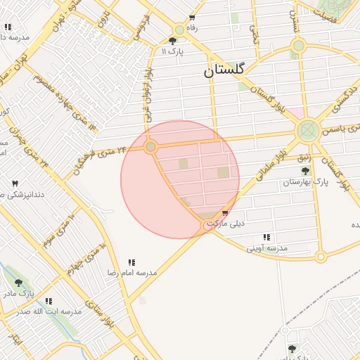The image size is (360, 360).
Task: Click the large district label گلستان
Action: (224, 70)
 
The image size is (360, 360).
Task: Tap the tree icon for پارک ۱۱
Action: (173, 41)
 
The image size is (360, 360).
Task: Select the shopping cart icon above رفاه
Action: (192, 19)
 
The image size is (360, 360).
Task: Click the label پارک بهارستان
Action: (306, 182)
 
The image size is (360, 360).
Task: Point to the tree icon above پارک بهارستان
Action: (304, 171)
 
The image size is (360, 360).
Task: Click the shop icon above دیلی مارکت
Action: (224, 214)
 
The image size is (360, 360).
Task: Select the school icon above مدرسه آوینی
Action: (266, 238)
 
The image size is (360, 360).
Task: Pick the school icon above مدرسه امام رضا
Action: (131, 262)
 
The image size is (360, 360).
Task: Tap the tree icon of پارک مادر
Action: (18, 283)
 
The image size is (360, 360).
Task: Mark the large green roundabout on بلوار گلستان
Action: (307, 129)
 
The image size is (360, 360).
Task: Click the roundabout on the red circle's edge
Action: (150, 146)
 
